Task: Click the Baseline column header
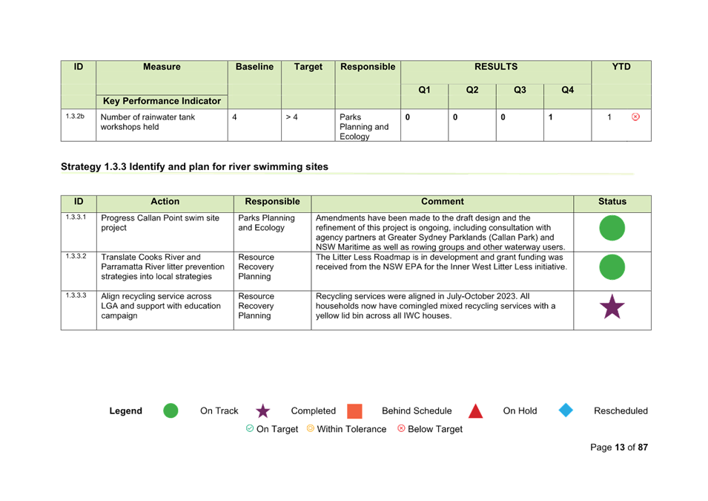click(254, 67)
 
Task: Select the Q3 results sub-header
click(520, 90)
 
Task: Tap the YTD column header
click(621, 67)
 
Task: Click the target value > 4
click(291, 117)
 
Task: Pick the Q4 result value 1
click(550, 117)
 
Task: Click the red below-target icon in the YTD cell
click(635, 117)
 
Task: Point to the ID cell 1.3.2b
click(75, 117)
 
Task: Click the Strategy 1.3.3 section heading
click(195, 167)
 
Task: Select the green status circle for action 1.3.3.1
click(612, 228)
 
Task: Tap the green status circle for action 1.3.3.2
click(612, 266)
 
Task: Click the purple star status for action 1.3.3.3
click(612, 307)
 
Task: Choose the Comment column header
click(443, 202)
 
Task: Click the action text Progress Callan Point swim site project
click(160, 223)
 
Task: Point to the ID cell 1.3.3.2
click(76, 256)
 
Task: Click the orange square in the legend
click(354, 411)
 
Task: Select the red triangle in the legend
click(475, 411)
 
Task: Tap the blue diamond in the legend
click(566, 410)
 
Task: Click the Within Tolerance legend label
click(351, 429)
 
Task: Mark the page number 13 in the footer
click(620, 448)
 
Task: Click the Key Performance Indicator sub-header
click(162, 101)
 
